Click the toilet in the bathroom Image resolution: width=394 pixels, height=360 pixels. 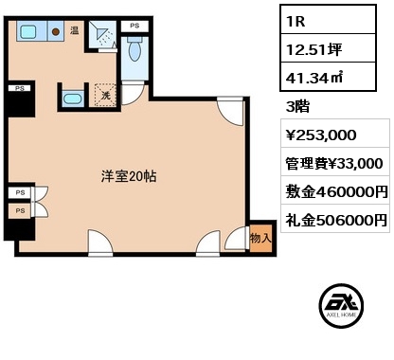point(134,48)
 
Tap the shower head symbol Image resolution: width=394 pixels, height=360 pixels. point(101,34)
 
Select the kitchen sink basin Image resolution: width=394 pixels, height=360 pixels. point(28,31)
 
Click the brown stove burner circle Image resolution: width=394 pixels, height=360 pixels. point(56,31)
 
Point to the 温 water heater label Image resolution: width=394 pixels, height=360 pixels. point(75,30)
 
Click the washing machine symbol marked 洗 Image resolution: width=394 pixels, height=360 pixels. point(105,95)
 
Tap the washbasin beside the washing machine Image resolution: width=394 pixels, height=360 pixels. point(73,99)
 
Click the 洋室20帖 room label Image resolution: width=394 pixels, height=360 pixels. point(129,176)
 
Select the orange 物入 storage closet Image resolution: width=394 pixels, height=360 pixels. point(260,239)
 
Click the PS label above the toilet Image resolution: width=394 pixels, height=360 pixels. point(134,26)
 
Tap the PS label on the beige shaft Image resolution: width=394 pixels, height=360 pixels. point(20,210)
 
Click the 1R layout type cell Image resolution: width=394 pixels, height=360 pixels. point(328,20)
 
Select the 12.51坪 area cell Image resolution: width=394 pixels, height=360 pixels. point(328,48)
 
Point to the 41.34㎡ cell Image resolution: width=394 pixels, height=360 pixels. point(328,77)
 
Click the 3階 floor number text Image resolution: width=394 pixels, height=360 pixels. point(297,106)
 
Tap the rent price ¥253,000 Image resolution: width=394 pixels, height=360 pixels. point(321,135)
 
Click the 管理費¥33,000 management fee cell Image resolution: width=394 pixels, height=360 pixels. point(335,162)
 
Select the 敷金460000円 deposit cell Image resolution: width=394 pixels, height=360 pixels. point(335,190)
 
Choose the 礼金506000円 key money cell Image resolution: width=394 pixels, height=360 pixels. point(335,219)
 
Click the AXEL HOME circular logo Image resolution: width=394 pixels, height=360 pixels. point(341,306)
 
